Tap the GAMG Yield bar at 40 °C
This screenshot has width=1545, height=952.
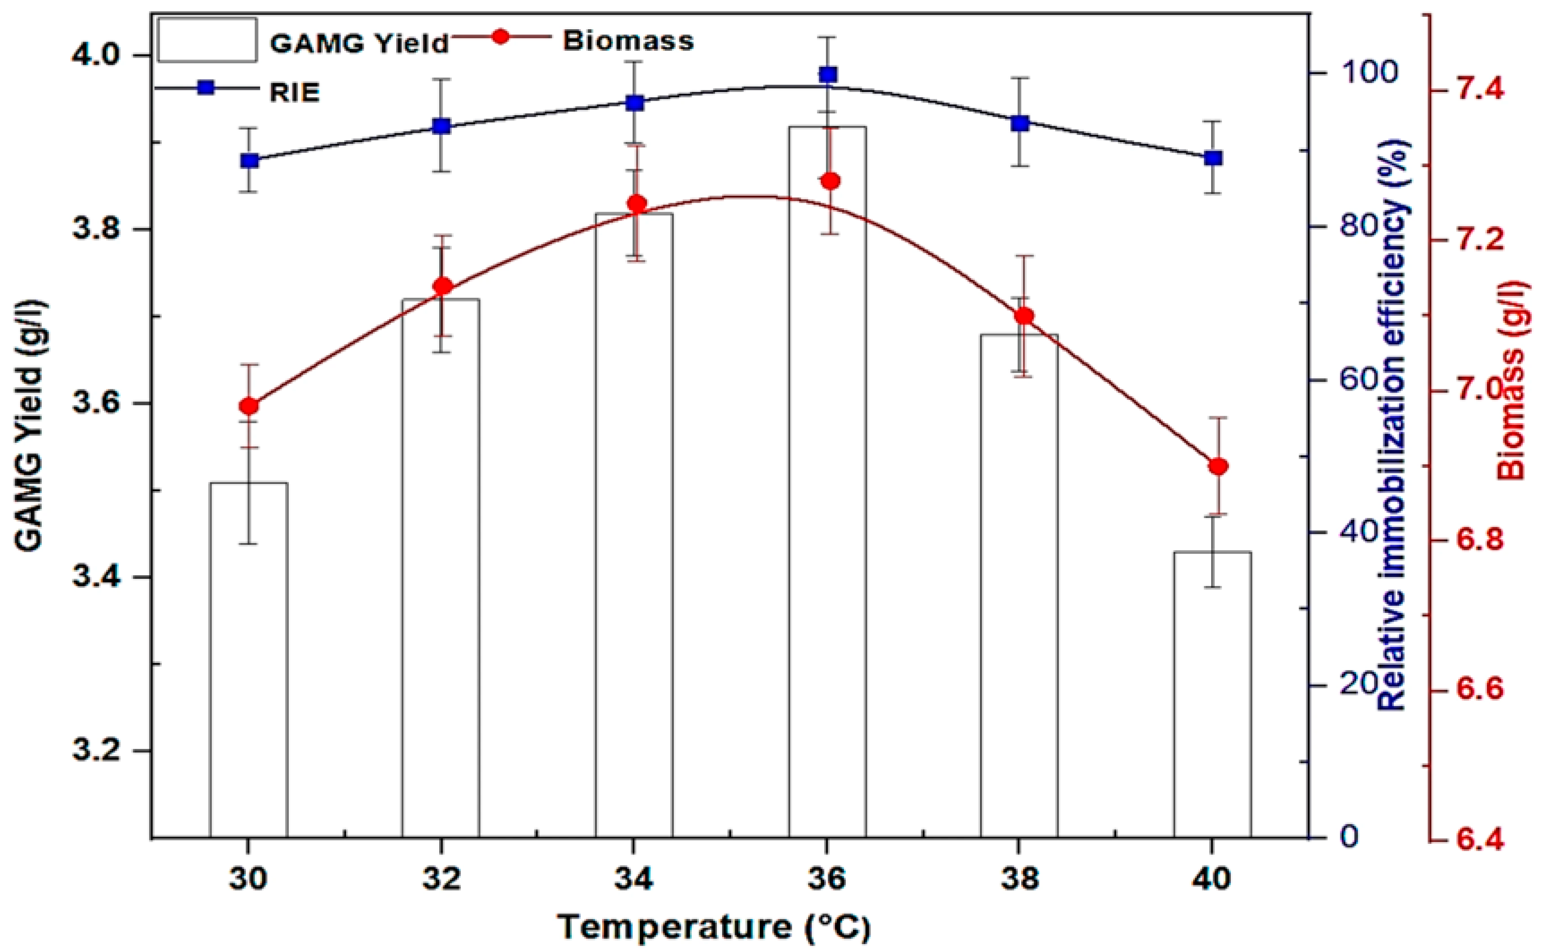pyautogui.click(x=1212, y=695)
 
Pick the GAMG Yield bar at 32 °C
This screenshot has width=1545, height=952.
pyautogui.click(x=442, y=568)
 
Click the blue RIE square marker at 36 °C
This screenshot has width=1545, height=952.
pyautogui.click(x=828, y=75)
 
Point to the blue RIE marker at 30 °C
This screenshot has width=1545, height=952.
pyautogui.click(x=249, y=160)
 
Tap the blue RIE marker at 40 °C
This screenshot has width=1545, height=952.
pyautogui.click(x=1212, y=158)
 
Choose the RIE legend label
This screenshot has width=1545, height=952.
pyautogui.click(x=295, y=93)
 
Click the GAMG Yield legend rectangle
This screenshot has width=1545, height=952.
pyautogui.click(x=207, y=40)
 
